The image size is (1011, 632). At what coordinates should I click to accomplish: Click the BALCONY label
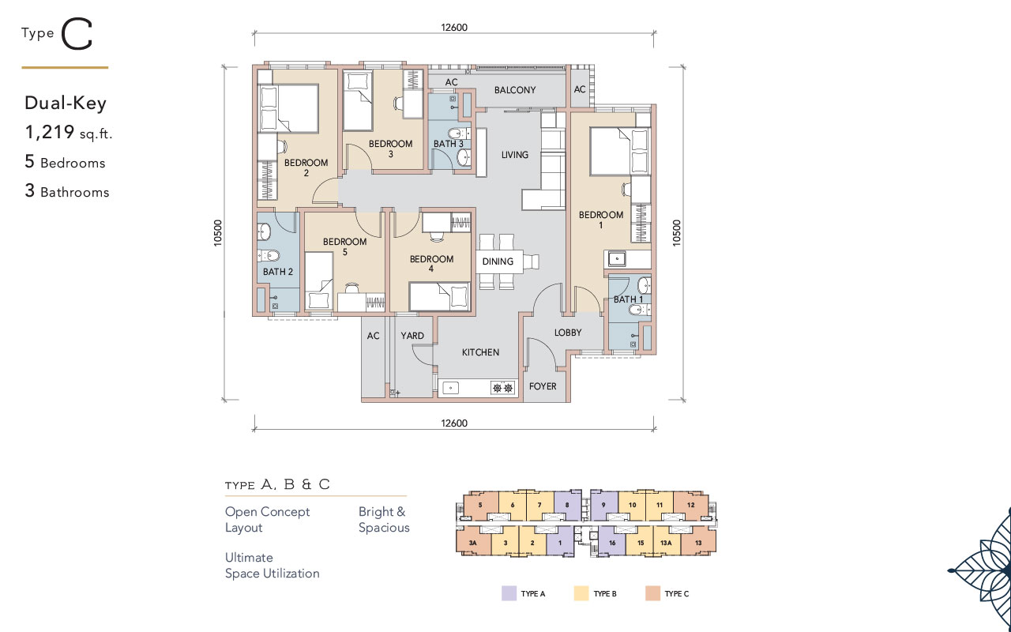pyautogui.click(x=515, y=90)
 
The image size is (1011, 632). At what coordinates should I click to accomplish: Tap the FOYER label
pyautogui.click(x=543, y=386)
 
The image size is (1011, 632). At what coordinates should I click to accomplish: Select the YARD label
pyautogui.click(x=412, y=336)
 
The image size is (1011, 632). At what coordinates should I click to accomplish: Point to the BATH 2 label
pyautogui.click(x=278, y=271)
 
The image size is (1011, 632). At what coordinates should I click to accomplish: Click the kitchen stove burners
pyautogui.click(x=503, y=388)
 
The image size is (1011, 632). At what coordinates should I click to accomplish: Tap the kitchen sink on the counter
pyautogui.click(x=451, y=388)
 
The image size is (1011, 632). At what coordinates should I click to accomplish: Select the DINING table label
pyautogui.click(x=498, y=261)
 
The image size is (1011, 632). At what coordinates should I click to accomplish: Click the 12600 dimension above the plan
pyautogui.click(x=454, y=28)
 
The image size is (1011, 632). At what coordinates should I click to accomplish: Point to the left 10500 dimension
pyautogui.click(x=218, y=233)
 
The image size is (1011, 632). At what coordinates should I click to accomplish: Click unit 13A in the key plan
pyautogui.click(x=666, y=543)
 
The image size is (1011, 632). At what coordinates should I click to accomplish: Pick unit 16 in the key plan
pyautogui.click(x=612, y=543)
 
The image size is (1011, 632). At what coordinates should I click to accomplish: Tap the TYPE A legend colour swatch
pyautogui.click(x=509, y=593)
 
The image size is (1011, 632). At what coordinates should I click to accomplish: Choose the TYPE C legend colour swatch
pyautogui.click(x=652, y=593)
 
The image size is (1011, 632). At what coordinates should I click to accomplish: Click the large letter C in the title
pyautogui.click(x=77, y=34)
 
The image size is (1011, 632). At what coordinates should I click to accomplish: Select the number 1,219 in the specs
pyautogui.click(x=50, y=132)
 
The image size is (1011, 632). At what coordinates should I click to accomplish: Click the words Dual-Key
pyautogui.click(x=66, y=103)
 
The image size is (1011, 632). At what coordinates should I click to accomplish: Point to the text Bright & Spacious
pyautogui.click(x=384, y=520)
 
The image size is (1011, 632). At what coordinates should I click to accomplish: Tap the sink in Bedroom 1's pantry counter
pyautogui.click(x=617, y=258)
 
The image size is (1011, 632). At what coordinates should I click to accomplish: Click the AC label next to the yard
pyautogui.click(x=373, y=336)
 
